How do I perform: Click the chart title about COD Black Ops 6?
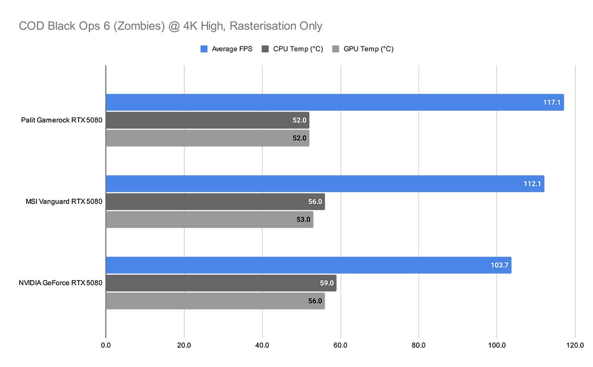point(170,25)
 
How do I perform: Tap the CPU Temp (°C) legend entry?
point(292,49)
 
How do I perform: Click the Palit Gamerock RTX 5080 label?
point(61,120)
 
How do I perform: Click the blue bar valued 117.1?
point(334,102)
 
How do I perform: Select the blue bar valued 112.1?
point(324,184)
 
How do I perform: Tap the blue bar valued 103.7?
point(308,265)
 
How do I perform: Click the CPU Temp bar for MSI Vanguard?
point(215,202)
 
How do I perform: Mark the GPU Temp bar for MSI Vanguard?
point(209,219)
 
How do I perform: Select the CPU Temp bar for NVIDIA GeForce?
point(221,283)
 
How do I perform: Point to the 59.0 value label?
point(327,283)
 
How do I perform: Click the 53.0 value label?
point(303,219)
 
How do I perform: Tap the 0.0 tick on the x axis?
point(106,345)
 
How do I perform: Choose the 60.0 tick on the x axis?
point(340,345)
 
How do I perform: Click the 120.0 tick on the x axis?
point(575,345)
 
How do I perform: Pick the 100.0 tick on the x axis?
point(497,345)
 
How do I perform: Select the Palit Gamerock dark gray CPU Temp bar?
point(207,120)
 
